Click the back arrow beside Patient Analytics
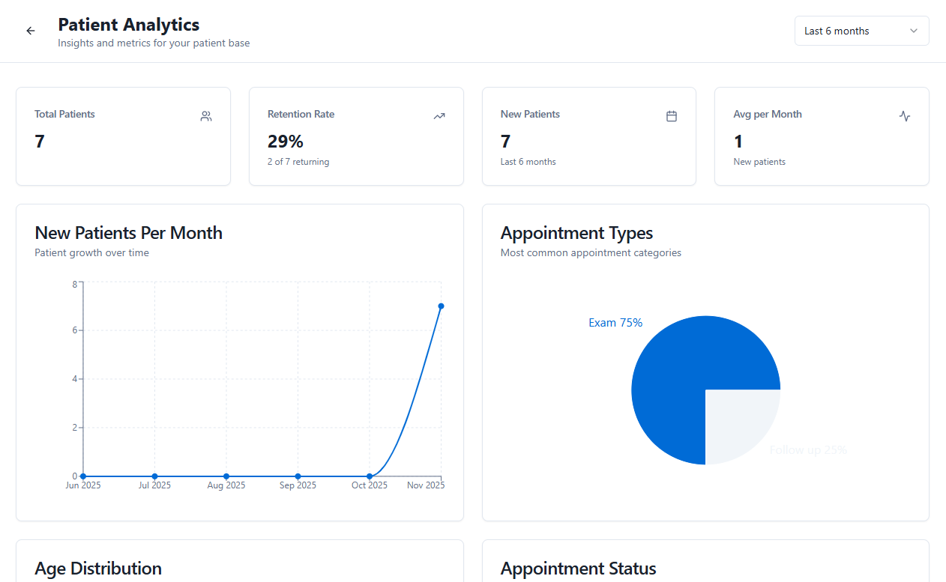click(31, 31)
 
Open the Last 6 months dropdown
click(861, 31)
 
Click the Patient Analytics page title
click(128, 25)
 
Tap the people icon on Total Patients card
click(206, 116)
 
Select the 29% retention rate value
click(285, 142)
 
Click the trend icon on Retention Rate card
click(439, 116)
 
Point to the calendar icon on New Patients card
click(672, 116)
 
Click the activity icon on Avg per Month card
click(905, 116)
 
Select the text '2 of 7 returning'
click(298, 162)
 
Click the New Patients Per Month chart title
click(128, 233)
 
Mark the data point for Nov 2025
click(441, 306)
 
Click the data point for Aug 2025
click(226, 476)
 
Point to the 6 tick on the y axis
click(74, 330)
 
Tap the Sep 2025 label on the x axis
click(298, 485)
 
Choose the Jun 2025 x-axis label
click(83, 485)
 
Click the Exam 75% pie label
click(615, 323)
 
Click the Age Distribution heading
click(97, 569)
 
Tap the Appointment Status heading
click(578, 569)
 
